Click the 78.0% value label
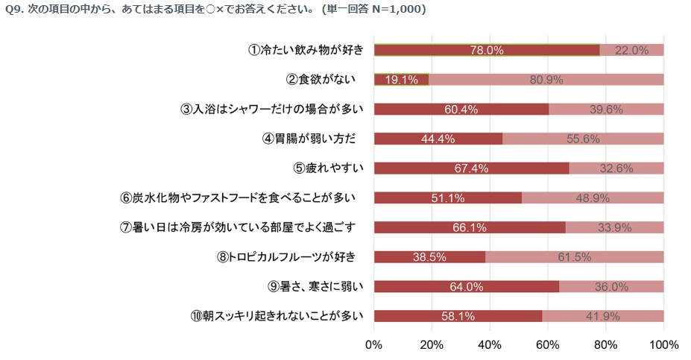coord(487,50)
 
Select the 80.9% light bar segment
coord(546,80)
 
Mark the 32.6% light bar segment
coord(616,168)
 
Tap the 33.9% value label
coord(614,227)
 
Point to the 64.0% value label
coord(466,286)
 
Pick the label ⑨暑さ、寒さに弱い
coord(315,286)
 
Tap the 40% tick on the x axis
coord(490,345)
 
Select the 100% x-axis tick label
coord(663,345)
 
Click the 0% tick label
coord(373,345)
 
